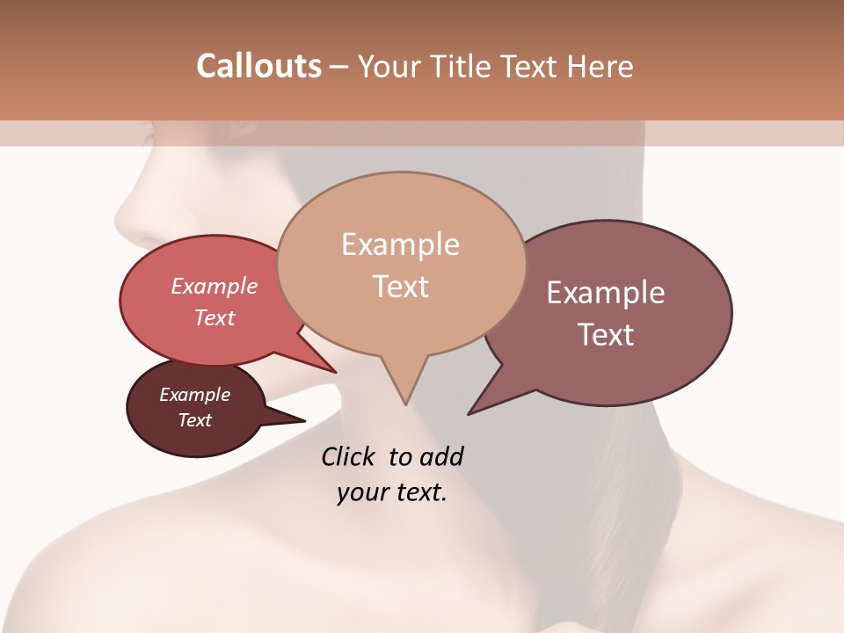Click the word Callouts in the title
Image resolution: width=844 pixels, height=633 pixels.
(258, 66)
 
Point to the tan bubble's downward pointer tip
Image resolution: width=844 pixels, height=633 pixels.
(405, 404)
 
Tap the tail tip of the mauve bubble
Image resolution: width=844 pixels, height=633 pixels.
(469, 412)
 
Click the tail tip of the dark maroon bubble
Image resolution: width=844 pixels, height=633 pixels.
(303, 421)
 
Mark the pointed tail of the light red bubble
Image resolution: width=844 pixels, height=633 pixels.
(335, 371)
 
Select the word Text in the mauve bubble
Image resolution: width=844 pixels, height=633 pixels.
(606, 335)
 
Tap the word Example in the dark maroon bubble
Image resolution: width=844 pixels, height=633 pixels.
(194, 395)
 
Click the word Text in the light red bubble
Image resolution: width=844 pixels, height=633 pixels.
(215, 317)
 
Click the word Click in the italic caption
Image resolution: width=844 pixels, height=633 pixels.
(348, 456)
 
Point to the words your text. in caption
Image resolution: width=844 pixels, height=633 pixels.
(392, 492)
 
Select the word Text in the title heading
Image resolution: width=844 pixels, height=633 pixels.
(537, 66)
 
